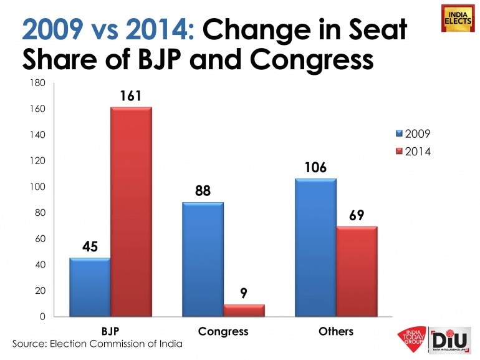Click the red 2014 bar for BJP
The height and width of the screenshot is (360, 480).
click(132, 212)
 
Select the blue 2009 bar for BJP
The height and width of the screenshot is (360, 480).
click(90, 287)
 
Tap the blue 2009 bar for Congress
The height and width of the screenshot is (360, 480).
click(202, 259)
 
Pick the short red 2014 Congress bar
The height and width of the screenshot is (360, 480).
click(244, 310)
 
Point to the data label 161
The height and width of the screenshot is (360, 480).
click(132, 95)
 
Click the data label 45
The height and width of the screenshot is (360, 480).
click(90, 247)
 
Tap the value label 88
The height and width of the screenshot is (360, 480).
click(202, 192)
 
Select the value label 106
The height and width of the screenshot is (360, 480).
click(315, 168)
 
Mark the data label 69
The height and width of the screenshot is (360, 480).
click(357, 216)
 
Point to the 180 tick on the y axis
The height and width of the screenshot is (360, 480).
click(39, 83)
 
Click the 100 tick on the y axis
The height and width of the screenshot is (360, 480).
click(39, 187)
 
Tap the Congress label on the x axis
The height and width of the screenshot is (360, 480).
click(223, 331)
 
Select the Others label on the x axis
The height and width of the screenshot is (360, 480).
click(336, 331)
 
